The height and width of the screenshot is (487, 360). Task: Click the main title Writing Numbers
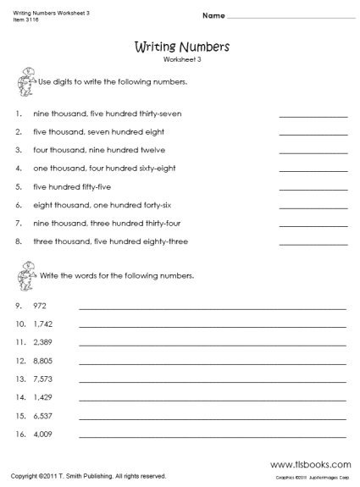pos(179,48)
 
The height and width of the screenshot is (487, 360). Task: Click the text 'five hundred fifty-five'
pos(69,186)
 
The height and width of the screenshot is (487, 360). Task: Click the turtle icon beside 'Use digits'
pos(24,83)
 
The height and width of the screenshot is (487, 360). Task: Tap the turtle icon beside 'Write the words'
pos(24,271)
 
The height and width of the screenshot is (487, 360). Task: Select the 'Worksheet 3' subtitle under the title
pos(179,62)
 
